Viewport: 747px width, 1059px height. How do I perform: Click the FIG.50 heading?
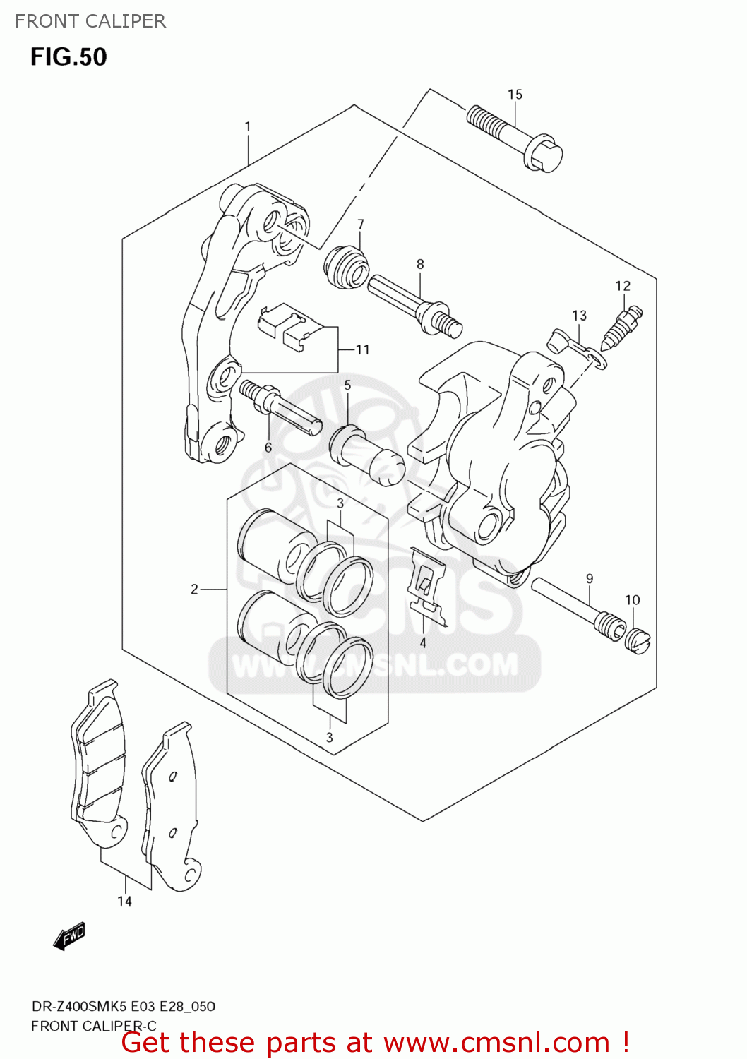pyautogui.click(x=68, y=56)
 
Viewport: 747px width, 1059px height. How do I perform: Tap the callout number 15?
pyautogui.click(x=515, y=94)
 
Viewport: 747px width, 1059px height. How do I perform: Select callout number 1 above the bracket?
pyautogui.click(x=248, y=126)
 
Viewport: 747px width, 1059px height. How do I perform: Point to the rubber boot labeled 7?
pyautogui.click(x=347, y=268)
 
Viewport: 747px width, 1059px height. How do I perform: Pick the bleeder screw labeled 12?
pyautogui.click(x=623, y=323)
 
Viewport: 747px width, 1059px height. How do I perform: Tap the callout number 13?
pyautogui.click(x=579, y=316)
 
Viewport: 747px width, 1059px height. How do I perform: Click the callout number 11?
pyautogui.click(x=362, y=349)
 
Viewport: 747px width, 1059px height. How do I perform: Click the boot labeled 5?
pyautogui.click(x=366, y=457)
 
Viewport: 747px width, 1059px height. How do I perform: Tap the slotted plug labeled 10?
pyautogui.click(x=638, y=640)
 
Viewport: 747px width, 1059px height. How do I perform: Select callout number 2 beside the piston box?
pyautogui.click(x=194, y=589)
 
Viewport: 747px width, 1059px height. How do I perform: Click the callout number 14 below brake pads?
pyautogui.click(x=124, y=901)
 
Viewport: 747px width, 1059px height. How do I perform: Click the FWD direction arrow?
pyautogui.click(x=69, y=937)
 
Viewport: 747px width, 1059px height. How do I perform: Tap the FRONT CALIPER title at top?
pyautogui.click(x=90, y=21)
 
